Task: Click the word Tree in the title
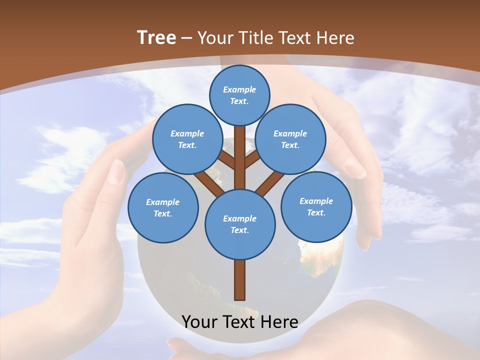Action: click(x=156, y=38)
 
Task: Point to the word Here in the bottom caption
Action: click(x=279, y=322)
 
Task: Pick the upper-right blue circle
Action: click(x=290, y=139)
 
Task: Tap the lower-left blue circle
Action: click(x=163, y=207)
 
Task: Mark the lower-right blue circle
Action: click(x=316, y=206)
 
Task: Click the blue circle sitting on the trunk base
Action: click(x=240, y=224)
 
